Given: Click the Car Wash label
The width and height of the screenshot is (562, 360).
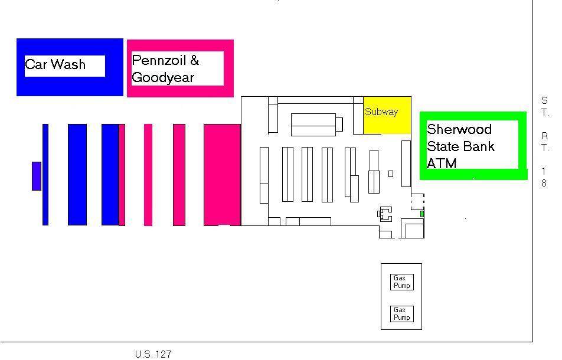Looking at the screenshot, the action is (x=55, y=64).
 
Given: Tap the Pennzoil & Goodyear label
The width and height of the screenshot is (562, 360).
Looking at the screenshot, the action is (x=165, y=68).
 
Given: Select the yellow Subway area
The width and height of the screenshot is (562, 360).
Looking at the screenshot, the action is (x=387, y=115).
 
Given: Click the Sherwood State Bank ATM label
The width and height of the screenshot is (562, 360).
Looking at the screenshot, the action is (x=460, y=146).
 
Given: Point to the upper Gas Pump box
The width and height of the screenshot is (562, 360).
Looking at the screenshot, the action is (x=402, y=282).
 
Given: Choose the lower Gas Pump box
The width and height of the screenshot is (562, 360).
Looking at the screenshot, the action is (x=402, y=314).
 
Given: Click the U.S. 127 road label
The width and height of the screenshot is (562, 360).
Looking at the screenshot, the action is (x=153, y=354).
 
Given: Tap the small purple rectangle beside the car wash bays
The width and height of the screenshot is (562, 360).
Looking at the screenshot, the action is (x=37, y=176).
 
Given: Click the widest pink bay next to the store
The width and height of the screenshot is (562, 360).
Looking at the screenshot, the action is (x=222, y=175).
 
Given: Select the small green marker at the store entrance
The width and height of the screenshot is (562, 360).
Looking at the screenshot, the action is (x=422, y=214).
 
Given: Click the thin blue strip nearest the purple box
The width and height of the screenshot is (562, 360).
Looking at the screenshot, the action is (x=45, y=175).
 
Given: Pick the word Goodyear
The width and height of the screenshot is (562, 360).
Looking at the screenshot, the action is (x=163, y=77).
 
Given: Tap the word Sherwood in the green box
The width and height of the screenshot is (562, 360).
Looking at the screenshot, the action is (x=459, y=129).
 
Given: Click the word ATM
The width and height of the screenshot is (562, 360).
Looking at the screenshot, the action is (x=442, y=163).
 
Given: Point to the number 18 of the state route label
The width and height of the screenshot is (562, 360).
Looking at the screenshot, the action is (x=544, y=177).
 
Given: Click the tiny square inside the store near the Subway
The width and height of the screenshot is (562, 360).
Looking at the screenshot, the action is (x=391, y=174).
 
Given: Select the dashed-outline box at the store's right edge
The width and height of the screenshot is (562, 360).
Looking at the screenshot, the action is (x=417, y=202).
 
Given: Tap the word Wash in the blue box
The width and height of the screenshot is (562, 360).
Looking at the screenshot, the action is (x=68, y=64).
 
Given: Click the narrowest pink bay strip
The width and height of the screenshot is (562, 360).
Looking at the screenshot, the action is (x=122, y=175).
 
